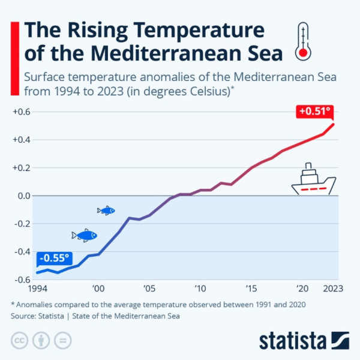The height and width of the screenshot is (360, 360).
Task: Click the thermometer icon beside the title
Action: click(x=304, y=42)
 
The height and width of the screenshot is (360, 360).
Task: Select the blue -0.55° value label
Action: click(x=54, y=259)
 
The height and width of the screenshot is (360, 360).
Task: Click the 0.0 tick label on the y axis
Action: click(x=23, y=196)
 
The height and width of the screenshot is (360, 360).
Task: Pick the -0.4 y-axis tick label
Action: click(x=22, y=252)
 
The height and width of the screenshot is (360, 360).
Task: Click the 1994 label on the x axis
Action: click(x=40, y=289)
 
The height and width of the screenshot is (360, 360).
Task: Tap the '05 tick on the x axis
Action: click(x=149, y=289)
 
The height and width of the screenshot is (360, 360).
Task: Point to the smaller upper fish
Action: click(x=106, y=210)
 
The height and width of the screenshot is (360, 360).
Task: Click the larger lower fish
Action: click(x=85, y=235)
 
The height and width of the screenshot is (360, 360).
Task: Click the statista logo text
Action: click(x=292, y=340)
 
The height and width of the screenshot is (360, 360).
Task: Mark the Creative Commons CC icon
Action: click(x=20, y=340)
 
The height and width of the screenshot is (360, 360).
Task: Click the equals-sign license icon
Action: click(x=62, y=340)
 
